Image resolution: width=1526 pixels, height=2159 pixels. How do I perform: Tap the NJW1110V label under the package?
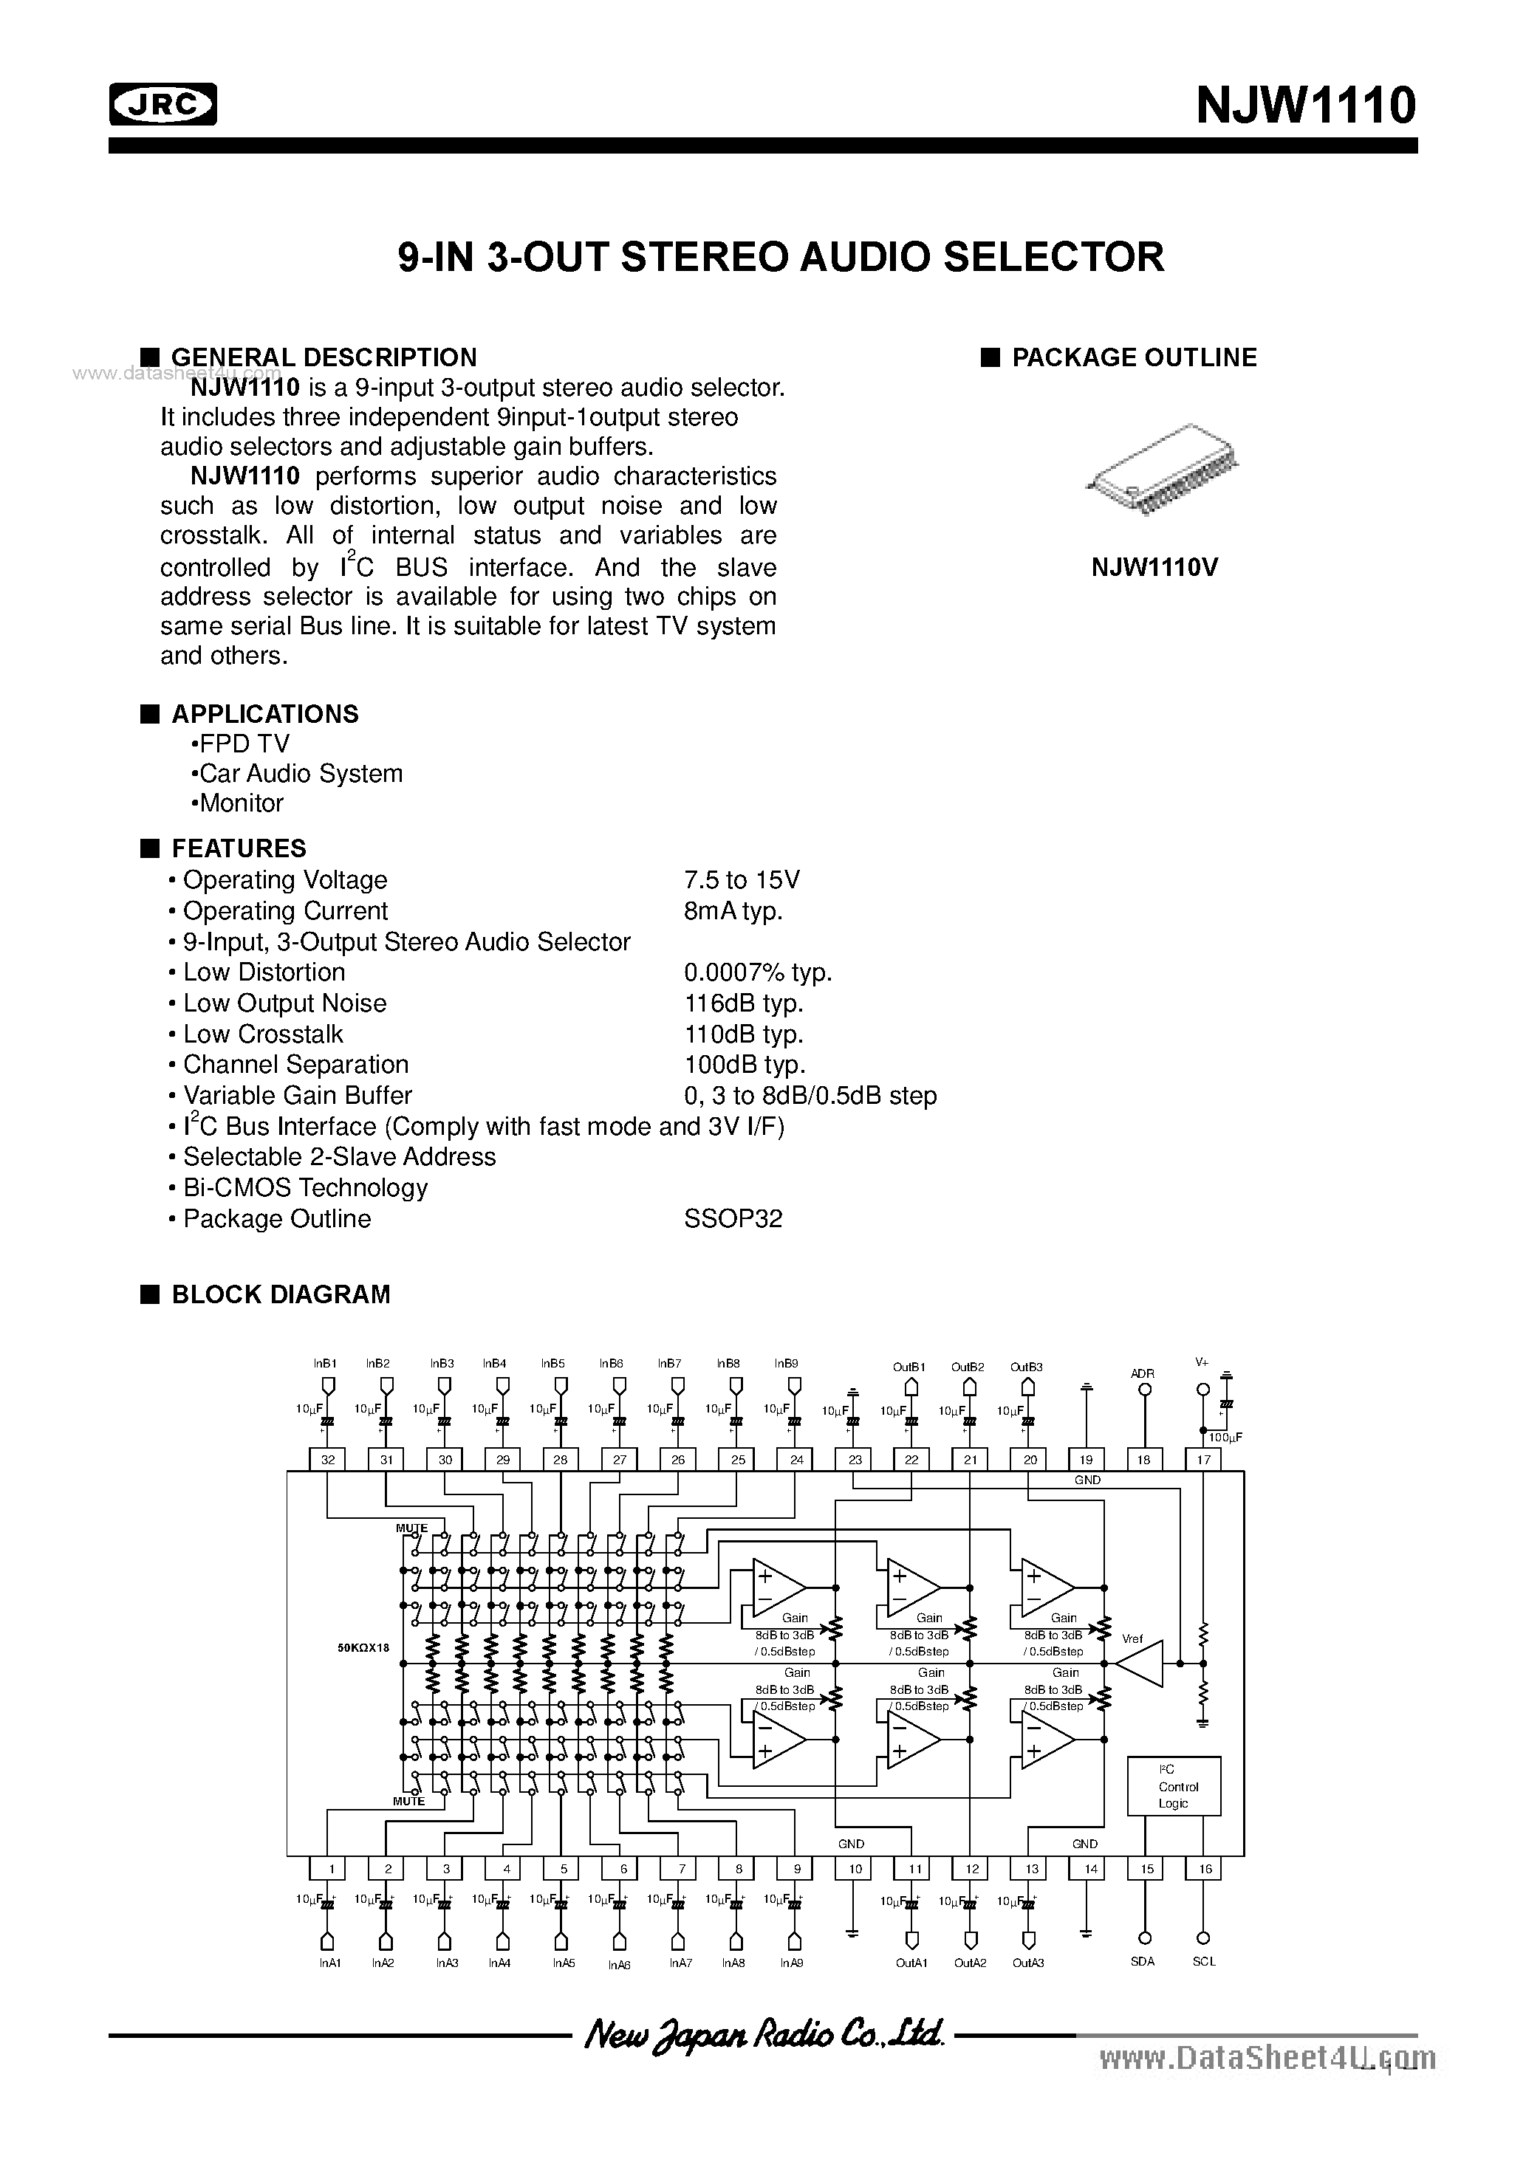tap(1154, 567)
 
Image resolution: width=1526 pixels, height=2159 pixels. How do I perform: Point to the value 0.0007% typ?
tap(757, 972)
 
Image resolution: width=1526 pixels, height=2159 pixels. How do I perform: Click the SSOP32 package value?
tap(733, 1218)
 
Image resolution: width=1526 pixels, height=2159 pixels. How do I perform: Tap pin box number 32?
tap(327, 1460)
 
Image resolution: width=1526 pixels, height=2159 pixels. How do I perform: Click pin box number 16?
tap(1204, 1868)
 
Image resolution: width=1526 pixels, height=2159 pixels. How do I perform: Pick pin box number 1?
tap(329, 1868)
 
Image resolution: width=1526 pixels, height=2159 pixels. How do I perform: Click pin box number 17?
tap(1203, 1460)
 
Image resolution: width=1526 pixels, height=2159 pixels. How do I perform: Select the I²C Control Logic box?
tap(1173, 1785)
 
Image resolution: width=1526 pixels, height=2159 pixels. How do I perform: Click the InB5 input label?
tap(552, 1362)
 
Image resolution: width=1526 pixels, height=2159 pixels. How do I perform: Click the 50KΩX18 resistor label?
tap(363, 1647)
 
